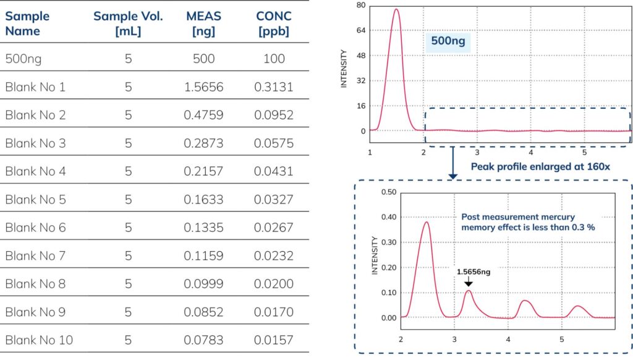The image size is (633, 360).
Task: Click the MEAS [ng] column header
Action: pos(204,24)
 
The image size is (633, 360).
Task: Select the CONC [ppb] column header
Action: pos(274,24)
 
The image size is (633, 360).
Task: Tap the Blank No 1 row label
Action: pos(35,87)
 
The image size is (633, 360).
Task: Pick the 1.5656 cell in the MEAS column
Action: pos(204,87)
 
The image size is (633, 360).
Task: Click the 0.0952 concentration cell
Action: pos(274,115)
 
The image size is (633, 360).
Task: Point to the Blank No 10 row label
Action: pos(38,340)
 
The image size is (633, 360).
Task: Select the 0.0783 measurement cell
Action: pos(204,340)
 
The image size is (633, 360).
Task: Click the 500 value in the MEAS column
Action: pos(204,59)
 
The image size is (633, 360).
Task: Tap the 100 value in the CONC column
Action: pos(274,59)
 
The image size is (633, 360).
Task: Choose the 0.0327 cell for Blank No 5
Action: pos(274,200)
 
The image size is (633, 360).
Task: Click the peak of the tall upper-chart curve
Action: pos(396,9)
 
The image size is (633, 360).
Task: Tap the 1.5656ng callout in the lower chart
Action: pos(474,271)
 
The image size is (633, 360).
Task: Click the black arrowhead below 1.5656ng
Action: pos(468,283)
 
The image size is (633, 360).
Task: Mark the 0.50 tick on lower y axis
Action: pos(388,192)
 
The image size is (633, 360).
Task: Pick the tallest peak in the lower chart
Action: pos(426,222)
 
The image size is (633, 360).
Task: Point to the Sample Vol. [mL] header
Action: pos(128,24)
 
